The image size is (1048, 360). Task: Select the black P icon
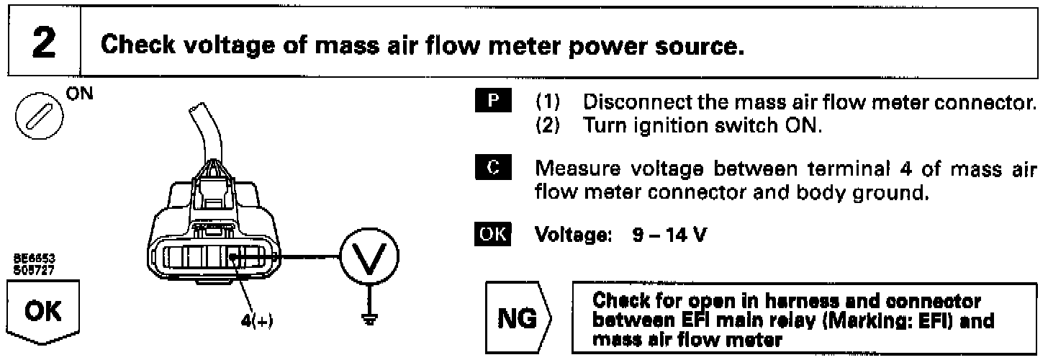click(493, 99)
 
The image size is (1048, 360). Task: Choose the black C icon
click(493, 171)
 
